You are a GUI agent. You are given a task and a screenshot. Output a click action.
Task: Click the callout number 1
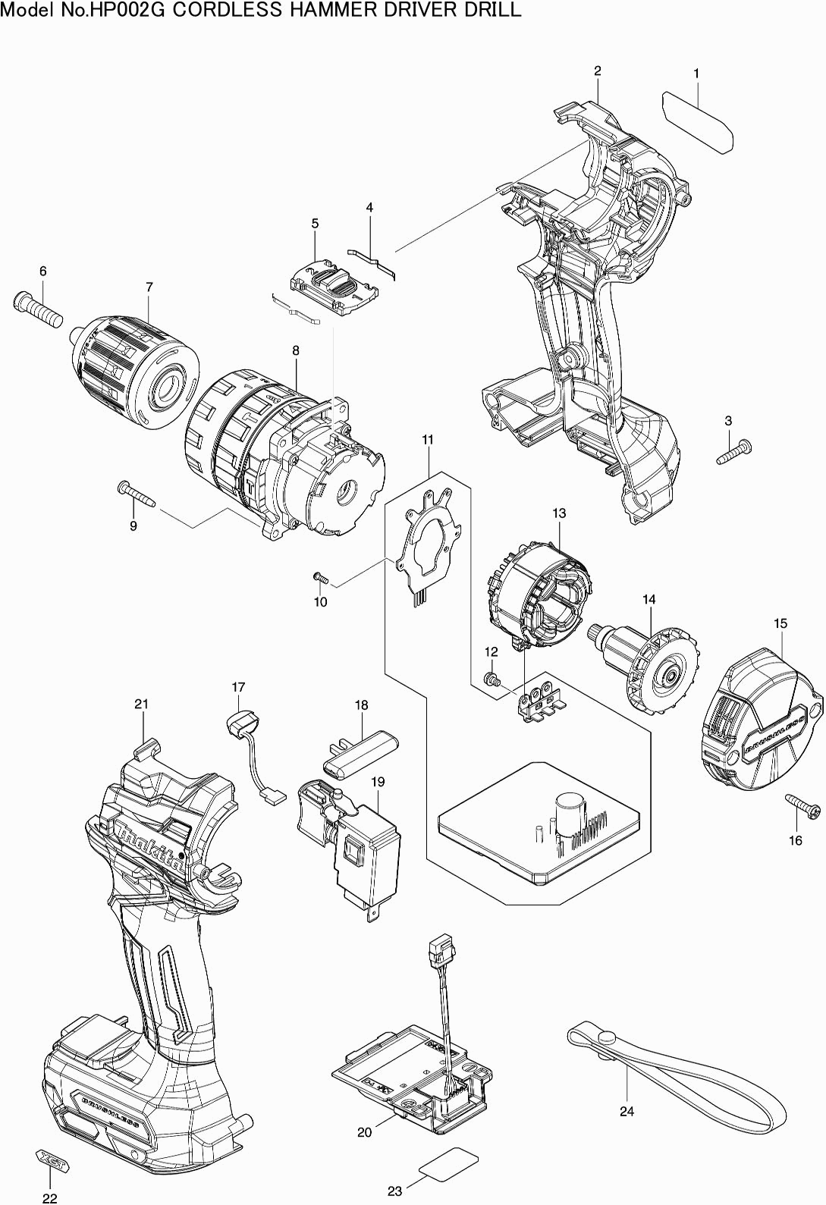(696, 74)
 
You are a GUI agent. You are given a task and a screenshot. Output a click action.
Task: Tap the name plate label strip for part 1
(697, 121)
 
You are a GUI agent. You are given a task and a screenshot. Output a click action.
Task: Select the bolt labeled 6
(38, 309)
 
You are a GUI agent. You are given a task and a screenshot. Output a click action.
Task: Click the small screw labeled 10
(321, 579)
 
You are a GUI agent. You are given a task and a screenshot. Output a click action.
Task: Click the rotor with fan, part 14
(643, 667)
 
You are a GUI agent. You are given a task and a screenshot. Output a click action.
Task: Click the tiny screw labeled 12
(491, 679)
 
